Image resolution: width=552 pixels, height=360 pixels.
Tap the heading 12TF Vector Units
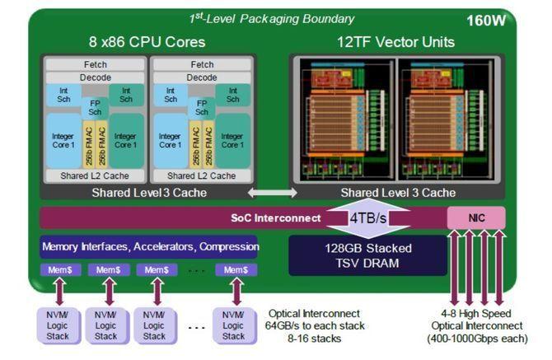point(396,41)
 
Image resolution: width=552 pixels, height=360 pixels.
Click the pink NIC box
point(475,217)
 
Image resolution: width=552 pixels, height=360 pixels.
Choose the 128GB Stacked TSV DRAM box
point(367,255)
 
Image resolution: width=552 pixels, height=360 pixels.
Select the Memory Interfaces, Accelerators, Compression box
point(149,246)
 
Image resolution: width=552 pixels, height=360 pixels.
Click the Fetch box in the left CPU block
point(95,64)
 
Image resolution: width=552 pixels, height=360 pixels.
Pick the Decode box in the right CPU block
point(202,77)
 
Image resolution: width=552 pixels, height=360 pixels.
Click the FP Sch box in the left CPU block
point(95,109)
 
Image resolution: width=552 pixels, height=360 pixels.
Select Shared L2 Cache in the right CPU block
point(202,175)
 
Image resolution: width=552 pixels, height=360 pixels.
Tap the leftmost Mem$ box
point(58,270)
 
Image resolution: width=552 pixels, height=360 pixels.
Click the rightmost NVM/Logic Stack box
point(234,324)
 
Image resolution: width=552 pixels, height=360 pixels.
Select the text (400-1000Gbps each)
point(478,338)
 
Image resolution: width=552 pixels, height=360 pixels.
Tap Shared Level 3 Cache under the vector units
point(398,193)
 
